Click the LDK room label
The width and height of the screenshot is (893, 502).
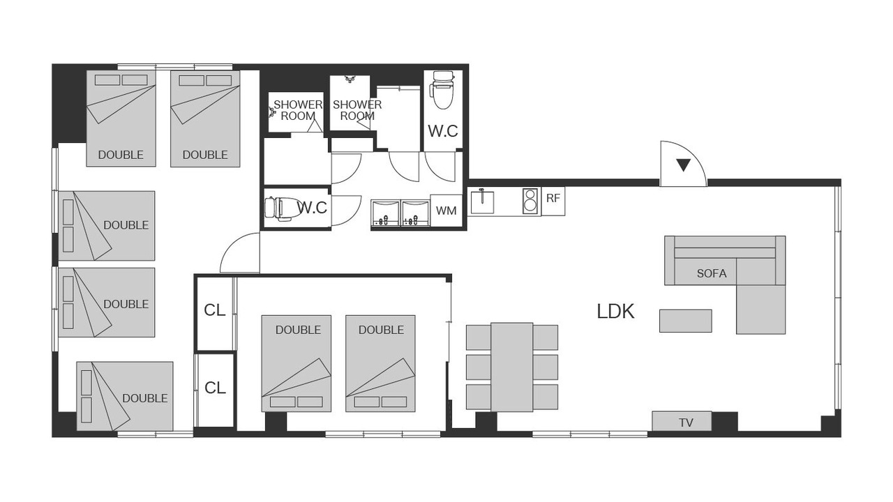(x=615, y=312)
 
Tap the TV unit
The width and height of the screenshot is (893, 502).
(x=682, y=421)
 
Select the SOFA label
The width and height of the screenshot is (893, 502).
(x=712, y=274)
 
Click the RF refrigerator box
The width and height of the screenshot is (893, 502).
(x=553, y=201)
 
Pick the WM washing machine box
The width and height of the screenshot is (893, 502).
(x=446, y=211)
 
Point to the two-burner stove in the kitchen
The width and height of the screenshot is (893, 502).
(x=531, y=200)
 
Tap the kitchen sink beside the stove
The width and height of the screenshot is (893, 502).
(x=482, y=202)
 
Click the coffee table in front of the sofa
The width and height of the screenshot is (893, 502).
(x=685, y=321)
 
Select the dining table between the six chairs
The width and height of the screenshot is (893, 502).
(x=512, y=367)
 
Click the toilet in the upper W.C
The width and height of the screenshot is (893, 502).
(x=443, y=90)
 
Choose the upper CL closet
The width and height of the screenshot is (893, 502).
(x=215, y=313)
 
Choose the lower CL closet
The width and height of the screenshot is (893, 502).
(x=215, y=390)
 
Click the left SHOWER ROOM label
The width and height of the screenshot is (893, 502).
(x=297, y=110)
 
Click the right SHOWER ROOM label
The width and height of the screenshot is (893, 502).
(x=357, y=110)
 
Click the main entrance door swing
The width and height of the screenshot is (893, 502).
(x=683, y=163)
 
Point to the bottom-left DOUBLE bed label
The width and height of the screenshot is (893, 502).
(x=144, y=398)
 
